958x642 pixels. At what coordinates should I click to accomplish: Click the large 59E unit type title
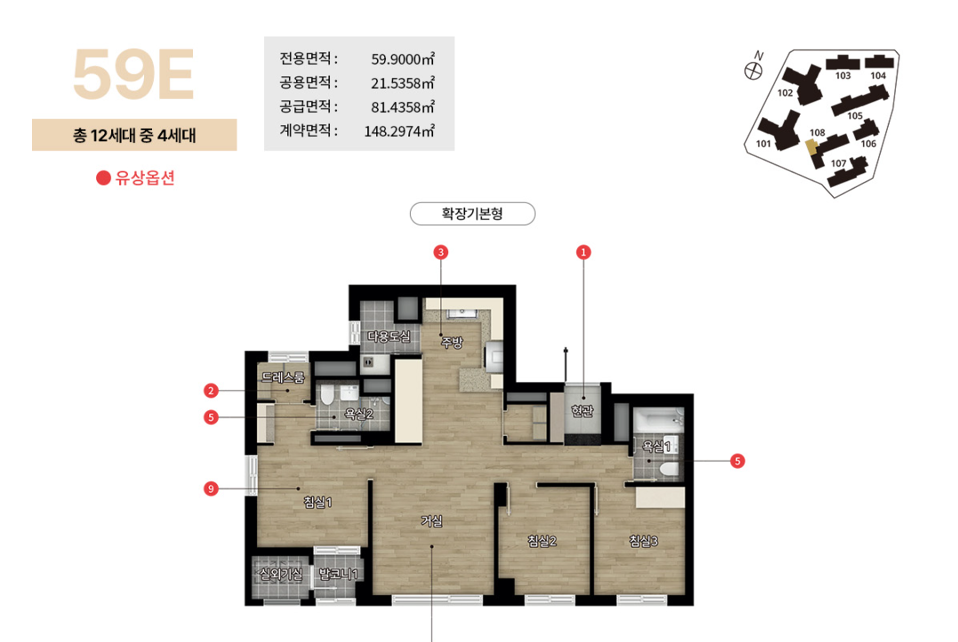click(133, 76)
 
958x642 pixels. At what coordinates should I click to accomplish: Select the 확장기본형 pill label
click(472, 214)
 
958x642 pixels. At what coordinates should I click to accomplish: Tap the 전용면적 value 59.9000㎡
click(402, 60)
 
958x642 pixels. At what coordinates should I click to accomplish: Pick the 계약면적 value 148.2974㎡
click(399, 131)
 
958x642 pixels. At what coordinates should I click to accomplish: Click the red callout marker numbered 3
click(441, 252)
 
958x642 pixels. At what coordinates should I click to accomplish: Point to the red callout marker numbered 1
click(584, 252)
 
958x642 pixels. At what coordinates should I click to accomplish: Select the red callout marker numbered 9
click(211, 488)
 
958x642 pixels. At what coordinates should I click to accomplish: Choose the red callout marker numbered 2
click(211, 390)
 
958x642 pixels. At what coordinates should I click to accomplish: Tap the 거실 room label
click(432, 522)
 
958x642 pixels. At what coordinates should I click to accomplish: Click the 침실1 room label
click(318, 502)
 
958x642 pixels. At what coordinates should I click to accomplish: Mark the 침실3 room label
click(642, 540)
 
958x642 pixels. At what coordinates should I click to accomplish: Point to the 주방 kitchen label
click(452, 341)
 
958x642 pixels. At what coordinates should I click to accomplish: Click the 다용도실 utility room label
click(389, 336)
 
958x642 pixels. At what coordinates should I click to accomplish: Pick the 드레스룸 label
click(283, 377)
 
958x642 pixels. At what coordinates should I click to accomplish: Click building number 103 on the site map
click(843, 76)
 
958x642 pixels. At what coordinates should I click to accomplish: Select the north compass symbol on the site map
click(754, 68)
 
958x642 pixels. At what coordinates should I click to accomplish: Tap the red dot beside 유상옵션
click(103, 177)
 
